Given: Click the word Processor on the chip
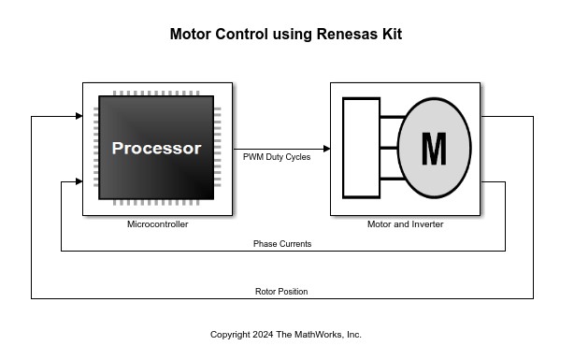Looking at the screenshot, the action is tap(157, 149).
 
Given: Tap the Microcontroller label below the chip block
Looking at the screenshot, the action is tap(158, 224).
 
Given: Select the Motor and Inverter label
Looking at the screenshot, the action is tap(405, 224).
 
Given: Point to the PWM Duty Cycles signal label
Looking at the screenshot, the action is tap(277, 157).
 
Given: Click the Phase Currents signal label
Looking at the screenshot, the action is tap(282, 244).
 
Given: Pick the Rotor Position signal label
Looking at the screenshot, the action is tap(281, 292).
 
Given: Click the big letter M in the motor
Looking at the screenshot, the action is tap(434, 149).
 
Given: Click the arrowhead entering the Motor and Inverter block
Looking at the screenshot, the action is tap(327, 149).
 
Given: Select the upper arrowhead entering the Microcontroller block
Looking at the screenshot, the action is tap(79, 116).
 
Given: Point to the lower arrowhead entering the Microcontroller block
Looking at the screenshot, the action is tap(79, 181).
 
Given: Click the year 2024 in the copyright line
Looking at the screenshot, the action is tap(263, 335).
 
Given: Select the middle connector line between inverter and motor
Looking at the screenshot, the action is tap(389, 148).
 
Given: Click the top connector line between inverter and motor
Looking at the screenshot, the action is tap(393, 117).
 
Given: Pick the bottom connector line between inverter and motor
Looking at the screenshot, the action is tap(393, 179).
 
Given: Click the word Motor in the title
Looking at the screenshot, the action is tap(191, 34).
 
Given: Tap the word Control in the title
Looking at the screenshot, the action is tap(241, 34).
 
